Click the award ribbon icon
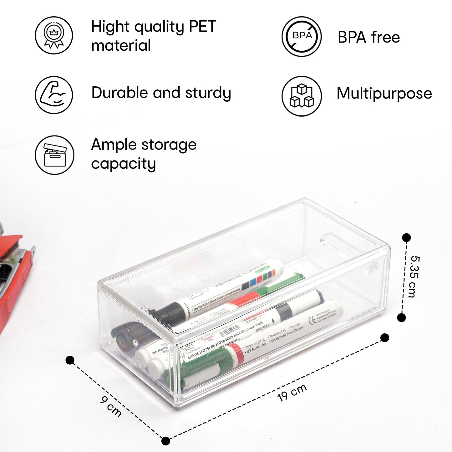(x=53, y=35)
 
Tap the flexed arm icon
(x=53, y=95)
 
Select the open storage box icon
(x=54, y=155)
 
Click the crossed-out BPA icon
(x=302, y=37)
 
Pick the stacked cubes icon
(x=302, y=96)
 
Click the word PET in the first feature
(x=202, y=27)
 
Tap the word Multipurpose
(x=384, y=93)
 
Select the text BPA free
(x=369, y=38)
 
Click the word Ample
(x=114, y=145)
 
